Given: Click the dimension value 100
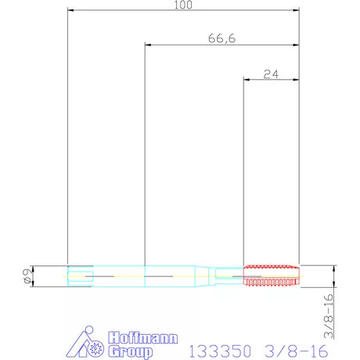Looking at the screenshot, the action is (x=183, y=5).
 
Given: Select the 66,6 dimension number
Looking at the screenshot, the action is (x=221, y=38).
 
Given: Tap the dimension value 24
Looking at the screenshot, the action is (x=271, y=74).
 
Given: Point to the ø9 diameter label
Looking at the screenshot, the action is (x=28, y=276).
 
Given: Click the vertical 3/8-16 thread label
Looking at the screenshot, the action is (x=329, y=316).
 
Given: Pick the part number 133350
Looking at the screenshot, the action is (x=220, y=351).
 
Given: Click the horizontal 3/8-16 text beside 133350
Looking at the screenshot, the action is (x=297, y=351).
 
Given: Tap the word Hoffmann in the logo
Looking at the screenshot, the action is (x=143, y=338).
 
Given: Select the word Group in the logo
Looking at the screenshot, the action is (x=131, y=351).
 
